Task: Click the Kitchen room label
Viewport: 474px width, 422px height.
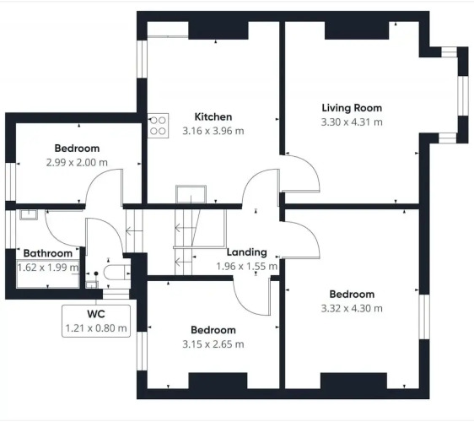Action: (x=213, y=116)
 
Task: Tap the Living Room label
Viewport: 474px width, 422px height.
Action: (x=352, y=108)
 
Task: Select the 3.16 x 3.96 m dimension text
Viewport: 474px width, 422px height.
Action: (x=213, y=131)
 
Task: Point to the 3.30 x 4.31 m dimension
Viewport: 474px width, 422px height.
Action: (x=352, y=122)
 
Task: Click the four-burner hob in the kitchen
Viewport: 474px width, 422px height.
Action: (x=158, y=126)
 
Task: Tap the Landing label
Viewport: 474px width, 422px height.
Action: (x=246, y=252)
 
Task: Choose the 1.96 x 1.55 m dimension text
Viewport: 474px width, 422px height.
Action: (x=246, y=267)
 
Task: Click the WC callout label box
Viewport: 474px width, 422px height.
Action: (x=96, y=321)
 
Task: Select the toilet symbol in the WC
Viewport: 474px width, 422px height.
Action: (x=116, y=272)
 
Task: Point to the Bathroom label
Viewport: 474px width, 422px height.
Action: (x=48, y=253)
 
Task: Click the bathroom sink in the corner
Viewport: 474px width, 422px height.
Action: (x=29, y=214)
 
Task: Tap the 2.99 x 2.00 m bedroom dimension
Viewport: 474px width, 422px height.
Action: (x=77, y=162)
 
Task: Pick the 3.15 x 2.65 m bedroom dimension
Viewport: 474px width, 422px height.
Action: (x=213, y=344)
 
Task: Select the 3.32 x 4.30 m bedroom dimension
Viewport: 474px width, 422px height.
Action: (x=352, y=309)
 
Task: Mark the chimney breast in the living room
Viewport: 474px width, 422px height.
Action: (x=357, y=30)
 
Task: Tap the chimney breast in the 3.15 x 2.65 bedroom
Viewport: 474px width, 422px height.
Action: (x=218, y=381)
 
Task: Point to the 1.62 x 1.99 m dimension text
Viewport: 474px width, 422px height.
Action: (x=48, y=268)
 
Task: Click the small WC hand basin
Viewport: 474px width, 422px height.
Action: (x=92, y=284)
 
